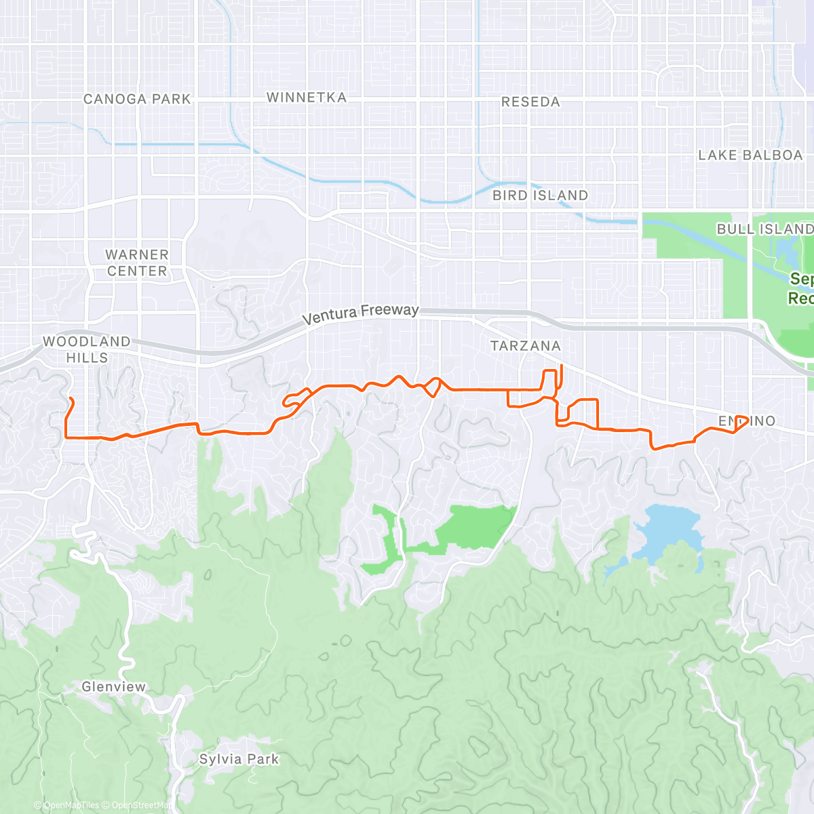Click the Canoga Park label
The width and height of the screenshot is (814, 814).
(137, 99)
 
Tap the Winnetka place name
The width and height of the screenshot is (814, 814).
(307, 98)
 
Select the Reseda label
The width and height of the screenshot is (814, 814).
(530, 102)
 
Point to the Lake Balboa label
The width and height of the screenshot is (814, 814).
(750, 155)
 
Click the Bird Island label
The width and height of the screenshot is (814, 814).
(540, 195)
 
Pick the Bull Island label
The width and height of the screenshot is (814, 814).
(764, 229)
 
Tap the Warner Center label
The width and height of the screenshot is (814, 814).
(137, 263)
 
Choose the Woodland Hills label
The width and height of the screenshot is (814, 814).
(87, 349)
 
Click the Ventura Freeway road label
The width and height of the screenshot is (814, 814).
(360, 313)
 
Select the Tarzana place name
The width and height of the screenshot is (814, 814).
(526, 346)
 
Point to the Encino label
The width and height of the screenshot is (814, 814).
(746, 421)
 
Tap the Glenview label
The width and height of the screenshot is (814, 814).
(113, 687)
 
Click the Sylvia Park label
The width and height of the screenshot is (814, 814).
(239, 759)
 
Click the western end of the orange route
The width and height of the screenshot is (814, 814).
(71, 398)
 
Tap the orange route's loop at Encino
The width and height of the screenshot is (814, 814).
(741, 422)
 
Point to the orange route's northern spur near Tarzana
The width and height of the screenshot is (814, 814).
(562, 372)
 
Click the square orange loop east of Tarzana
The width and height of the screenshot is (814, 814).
(582, 412)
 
